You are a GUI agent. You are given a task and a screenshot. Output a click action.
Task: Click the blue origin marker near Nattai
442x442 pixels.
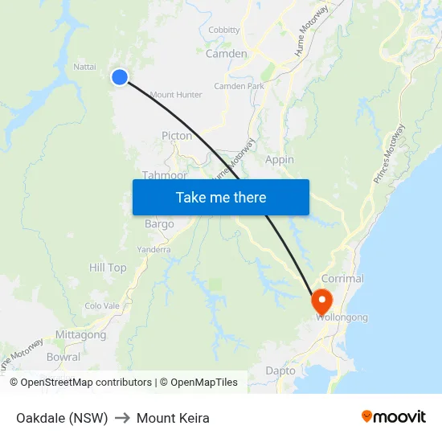coord(119,77)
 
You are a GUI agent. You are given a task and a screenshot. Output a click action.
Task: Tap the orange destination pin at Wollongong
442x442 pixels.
coord(321,302)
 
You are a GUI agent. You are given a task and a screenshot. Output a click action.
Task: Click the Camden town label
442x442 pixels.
coord(227,53)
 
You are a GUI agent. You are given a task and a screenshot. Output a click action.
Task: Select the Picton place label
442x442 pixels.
coord(177,136)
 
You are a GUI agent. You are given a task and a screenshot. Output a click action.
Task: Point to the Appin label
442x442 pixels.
coord(280,160)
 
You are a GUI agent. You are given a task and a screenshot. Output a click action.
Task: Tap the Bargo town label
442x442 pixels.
coord(159,224)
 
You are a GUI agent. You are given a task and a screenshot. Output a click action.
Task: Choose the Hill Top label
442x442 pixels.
coord(108,268)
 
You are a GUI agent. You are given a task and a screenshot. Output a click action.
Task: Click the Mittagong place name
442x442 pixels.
coord(80,334)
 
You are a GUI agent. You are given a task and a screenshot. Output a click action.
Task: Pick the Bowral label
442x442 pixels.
coord(63,357)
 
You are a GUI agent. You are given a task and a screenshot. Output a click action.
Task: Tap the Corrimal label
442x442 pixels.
coord(342,279)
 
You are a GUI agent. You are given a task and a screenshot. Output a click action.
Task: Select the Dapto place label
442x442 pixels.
coord(280,370)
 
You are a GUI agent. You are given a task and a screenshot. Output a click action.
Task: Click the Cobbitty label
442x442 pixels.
coord(224,30)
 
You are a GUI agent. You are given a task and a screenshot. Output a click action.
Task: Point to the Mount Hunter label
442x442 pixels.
coord(176,95)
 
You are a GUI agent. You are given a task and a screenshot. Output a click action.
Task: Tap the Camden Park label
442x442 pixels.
coord(239,86)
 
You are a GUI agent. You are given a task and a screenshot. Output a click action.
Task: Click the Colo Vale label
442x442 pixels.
coord(102,305)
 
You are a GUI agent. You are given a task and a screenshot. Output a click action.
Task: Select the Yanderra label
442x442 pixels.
coord(153,249)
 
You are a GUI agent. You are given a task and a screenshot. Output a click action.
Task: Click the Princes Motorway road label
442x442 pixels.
coord(390,156)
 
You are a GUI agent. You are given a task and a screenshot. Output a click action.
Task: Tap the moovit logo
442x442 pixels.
coord(393,416)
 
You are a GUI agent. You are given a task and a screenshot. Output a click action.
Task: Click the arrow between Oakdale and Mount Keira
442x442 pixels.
coord(122,418)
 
